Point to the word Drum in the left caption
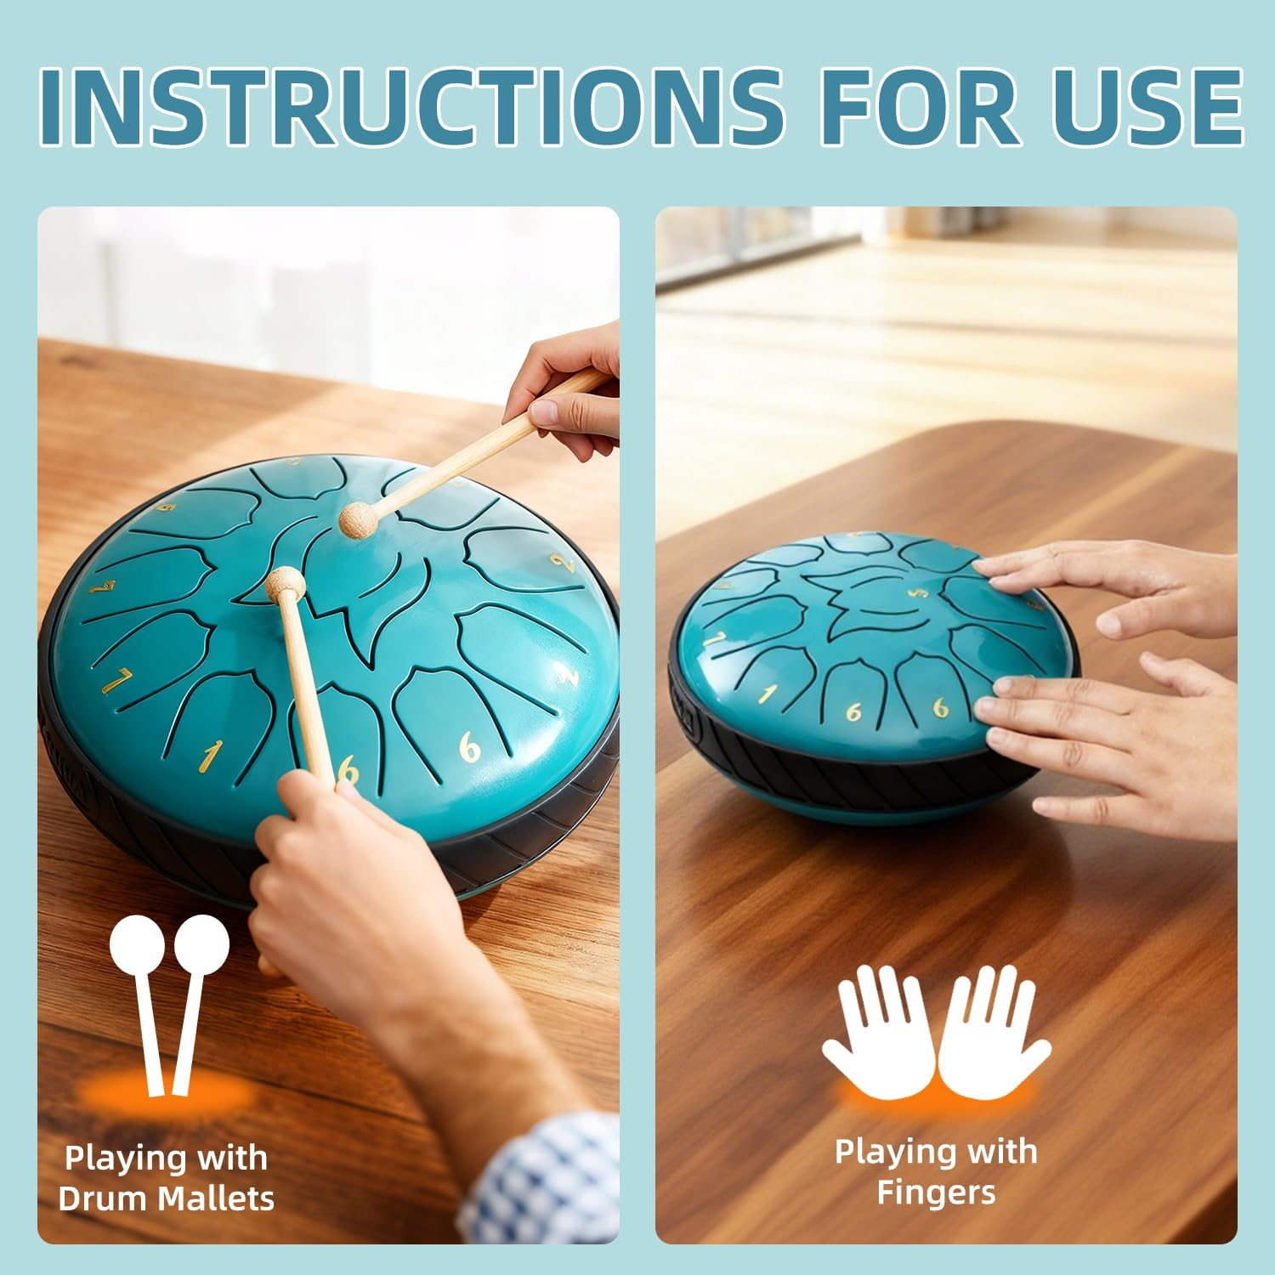pyautogui.click(x=100, y=1198)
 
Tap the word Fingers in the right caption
pyautogui.click(x=936, y=1192)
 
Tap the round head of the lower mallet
pyautogui.click(x=278, y=583)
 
